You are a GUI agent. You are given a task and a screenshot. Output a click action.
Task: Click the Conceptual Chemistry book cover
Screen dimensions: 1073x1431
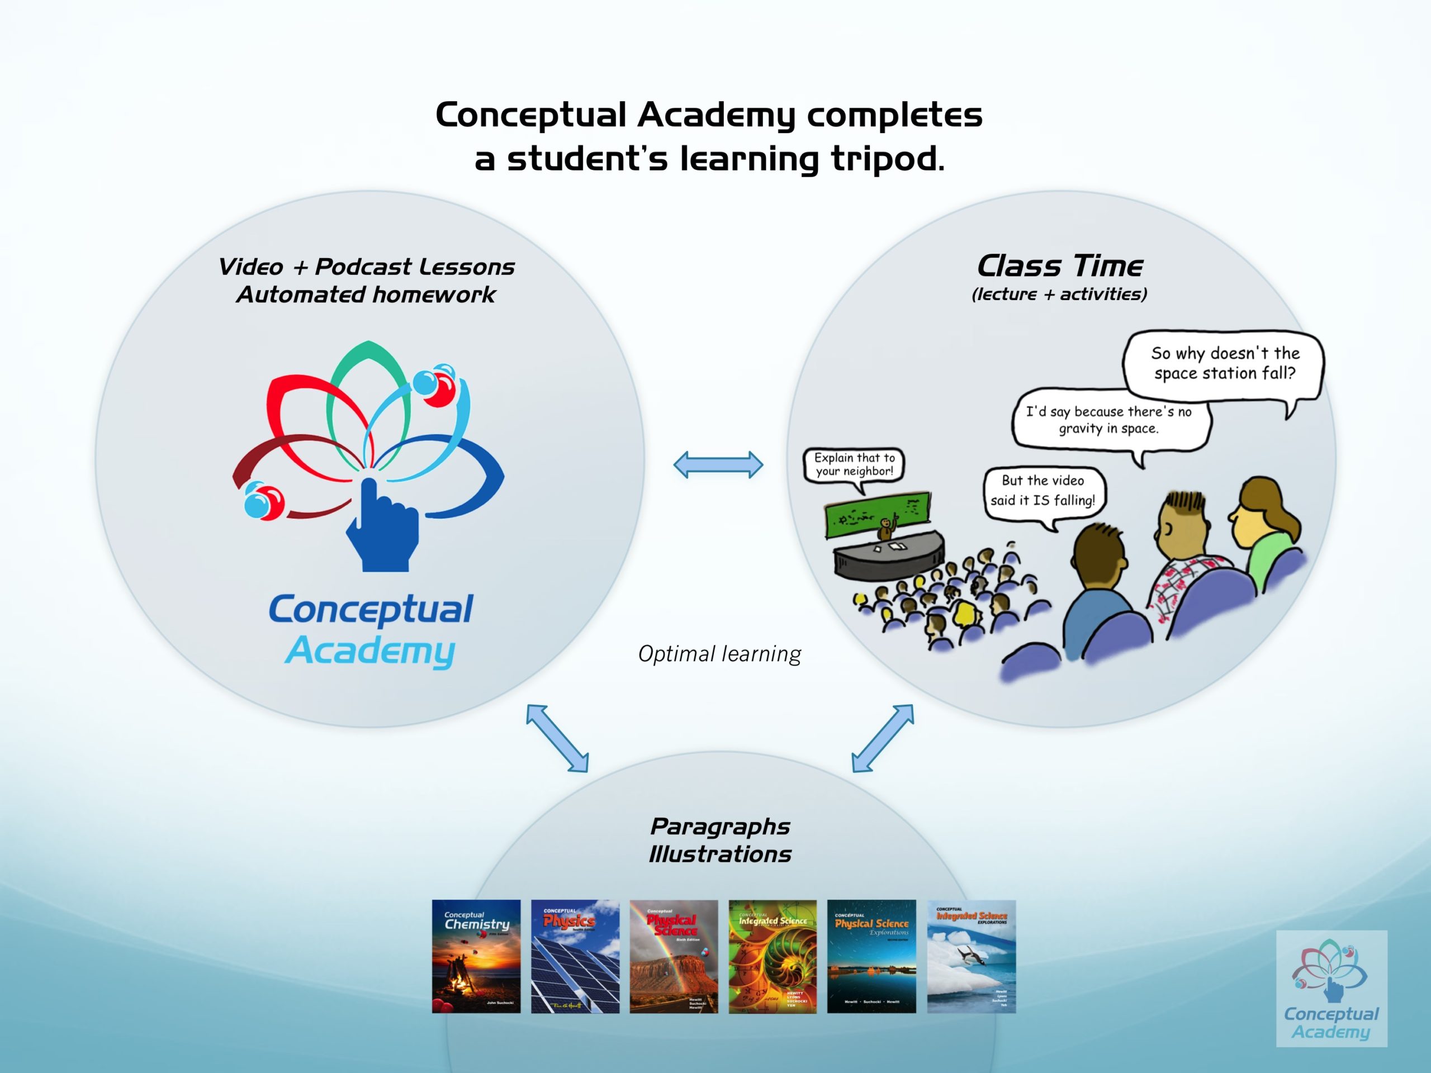tap(476, 956)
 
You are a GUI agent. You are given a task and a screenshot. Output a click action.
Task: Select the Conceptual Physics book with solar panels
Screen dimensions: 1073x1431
tap(575, 956)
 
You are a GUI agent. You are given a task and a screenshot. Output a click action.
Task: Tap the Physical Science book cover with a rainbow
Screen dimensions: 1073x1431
tap(674, 956)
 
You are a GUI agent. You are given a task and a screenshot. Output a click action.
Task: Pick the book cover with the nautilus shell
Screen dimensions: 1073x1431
tap(773, 956)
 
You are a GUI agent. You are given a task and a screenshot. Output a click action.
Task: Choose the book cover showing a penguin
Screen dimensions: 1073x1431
tap(971, 956)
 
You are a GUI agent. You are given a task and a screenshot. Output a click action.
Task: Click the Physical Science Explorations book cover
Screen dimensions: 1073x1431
tap(871, 956)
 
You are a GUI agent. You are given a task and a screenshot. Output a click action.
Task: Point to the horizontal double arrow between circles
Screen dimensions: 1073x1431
tap(718, 465)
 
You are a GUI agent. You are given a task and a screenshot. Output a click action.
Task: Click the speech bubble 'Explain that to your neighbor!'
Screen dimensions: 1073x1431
tap(854, 464)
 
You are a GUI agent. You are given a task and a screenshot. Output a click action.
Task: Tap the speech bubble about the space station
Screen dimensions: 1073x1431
tap(1224, 363)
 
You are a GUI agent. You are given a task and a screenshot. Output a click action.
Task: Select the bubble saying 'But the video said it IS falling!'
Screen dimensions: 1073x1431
tap(1043, 490)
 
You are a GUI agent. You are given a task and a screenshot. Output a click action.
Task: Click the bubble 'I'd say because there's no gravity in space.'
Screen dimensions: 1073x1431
tap(1109, 420)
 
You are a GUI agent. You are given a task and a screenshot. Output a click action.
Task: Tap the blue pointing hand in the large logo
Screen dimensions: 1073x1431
tap(381, 527)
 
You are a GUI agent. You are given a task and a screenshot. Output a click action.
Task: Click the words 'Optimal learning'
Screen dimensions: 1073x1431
tap(719, 654)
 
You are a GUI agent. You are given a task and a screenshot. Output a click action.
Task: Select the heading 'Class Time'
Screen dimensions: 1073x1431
tap(1060, 266)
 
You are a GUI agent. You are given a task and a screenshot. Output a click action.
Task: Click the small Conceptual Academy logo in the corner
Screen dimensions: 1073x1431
tap(1332, 987)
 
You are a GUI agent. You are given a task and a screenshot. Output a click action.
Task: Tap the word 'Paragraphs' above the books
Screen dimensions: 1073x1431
tap(720, 826)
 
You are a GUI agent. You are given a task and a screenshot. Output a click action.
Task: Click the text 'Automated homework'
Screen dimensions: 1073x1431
tap(366, 295)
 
